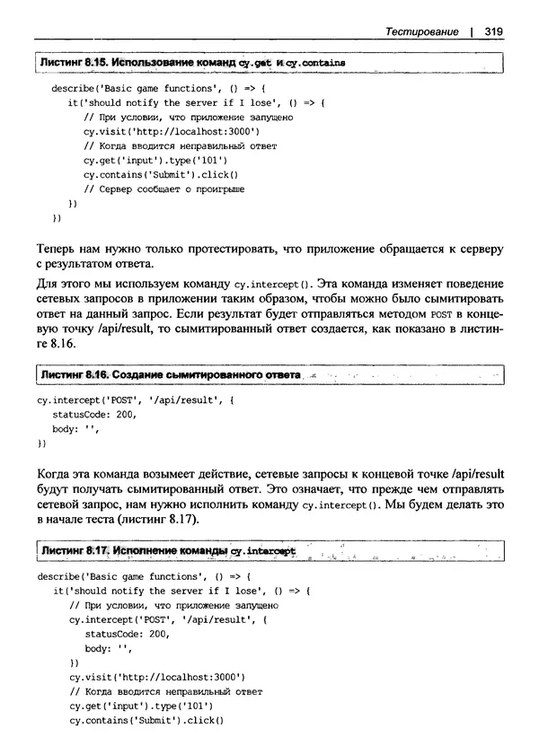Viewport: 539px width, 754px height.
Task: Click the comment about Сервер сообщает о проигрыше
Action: point(163,188)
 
